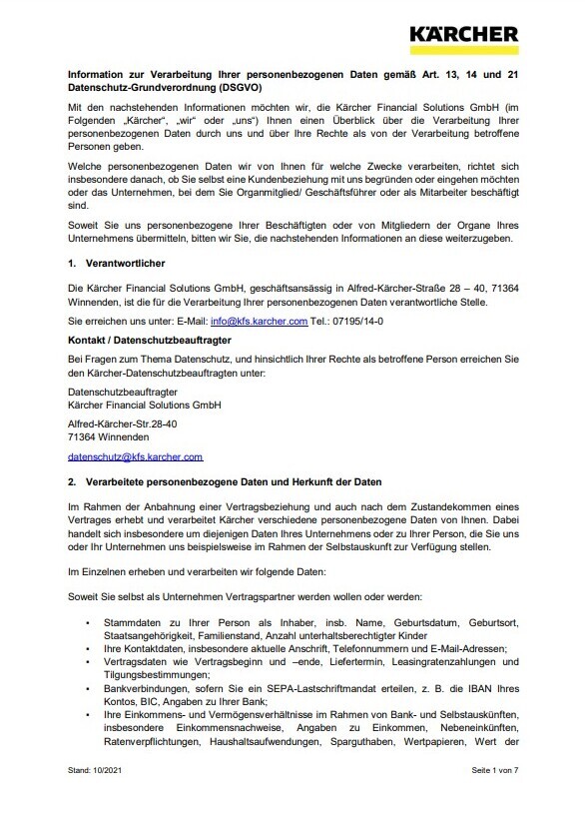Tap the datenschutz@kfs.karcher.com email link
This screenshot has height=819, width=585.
click(x=135, y=456)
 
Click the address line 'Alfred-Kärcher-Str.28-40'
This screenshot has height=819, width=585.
click(x=122, y=423)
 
